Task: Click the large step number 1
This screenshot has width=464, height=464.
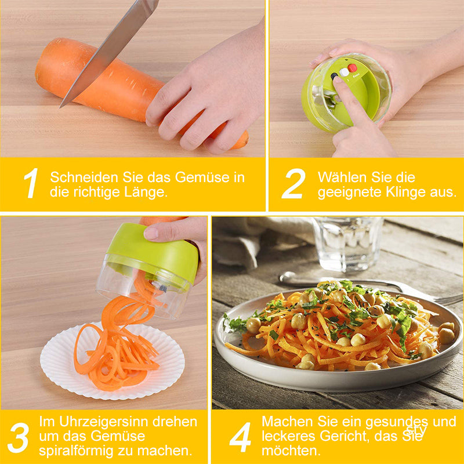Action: point(31,183)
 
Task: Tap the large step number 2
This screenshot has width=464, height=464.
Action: point(293,183)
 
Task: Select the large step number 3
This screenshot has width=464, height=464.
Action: point(19,438)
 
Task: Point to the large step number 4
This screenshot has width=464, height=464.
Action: point(240,437)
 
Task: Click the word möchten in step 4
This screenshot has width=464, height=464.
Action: point(291,451)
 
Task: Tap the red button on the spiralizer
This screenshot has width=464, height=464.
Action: point(352,68)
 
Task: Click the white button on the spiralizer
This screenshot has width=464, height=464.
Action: point(344,72)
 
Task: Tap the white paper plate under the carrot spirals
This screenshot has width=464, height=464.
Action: point(113,360)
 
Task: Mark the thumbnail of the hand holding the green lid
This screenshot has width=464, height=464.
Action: point(151,234)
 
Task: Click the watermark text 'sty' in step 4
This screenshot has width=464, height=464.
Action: point(416,430)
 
